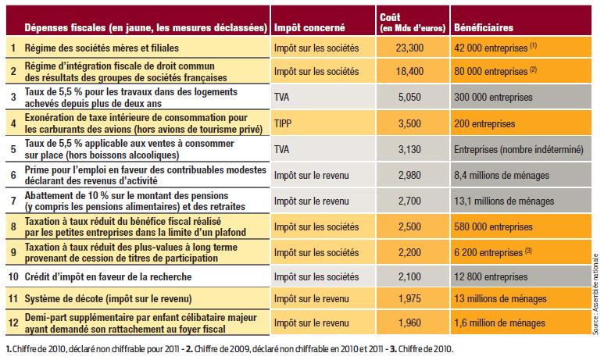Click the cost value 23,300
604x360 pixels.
(x=409, y=48)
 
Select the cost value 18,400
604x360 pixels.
(x=409, y=71)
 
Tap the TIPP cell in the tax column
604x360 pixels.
(x=283, y=123)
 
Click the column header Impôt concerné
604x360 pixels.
(x=309, y=27)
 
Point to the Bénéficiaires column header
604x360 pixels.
(x=484, y=27)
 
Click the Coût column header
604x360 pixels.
(x=413, y=23)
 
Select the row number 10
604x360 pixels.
(x=13, y=277)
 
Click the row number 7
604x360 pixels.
(x=13, y=201)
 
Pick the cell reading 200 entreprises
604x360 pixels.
(x=484, y=123)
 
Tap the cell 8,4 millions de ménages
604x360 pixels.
(x=501, y=175)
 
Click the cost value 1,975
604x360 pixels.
(x=409, y=299)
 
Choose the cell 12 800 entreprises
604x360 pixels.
(x=491, y=277)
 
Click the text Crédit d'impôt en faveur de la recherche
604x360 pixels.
(x=108, y=277)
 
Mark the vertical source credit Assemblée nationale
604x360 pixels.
(x=596, y=294)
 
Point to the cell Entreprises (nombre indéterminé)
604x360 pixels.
(x=519, y=149)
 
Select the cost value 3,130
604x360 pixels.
(x=409, y=149)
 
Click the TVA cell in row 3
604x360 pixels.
(x=281, y=97)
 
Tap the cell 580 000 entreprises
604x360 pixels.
(x=493, y=226)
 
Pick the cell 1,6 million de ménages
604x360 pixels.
(x=499, y=323)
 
